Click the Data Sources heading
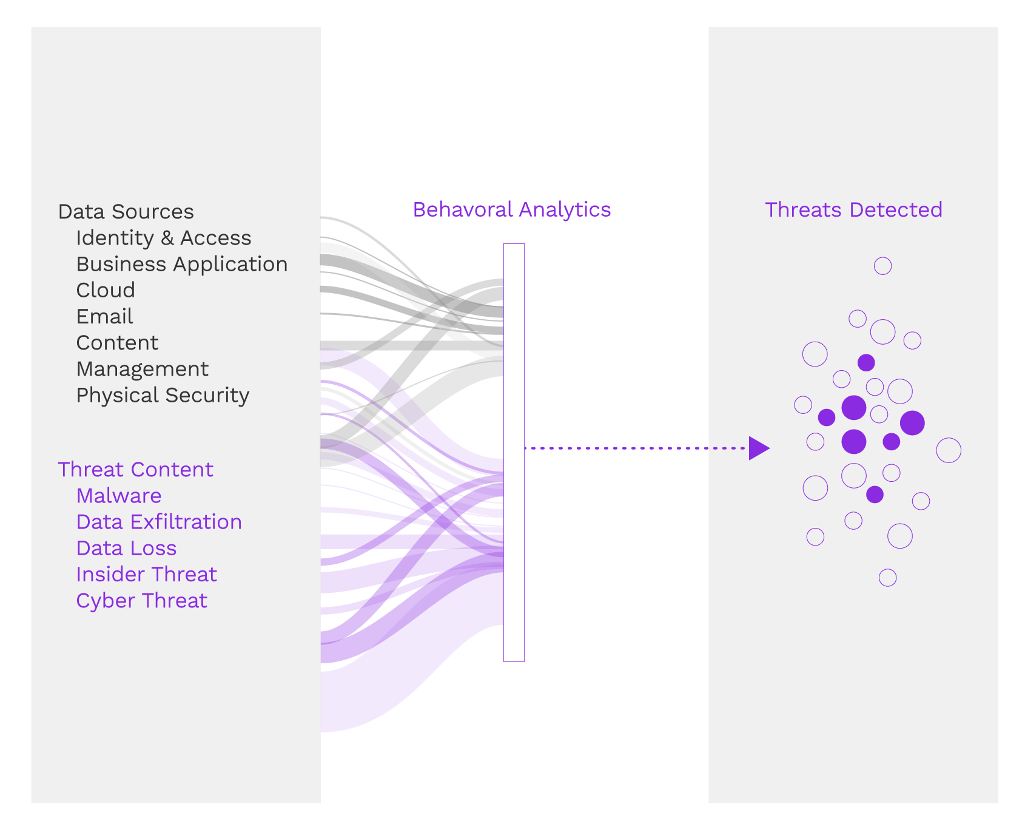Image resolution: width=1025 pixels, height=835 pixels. (126, 212)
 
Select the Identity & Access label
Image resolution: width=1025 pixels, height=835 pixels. (163, 238)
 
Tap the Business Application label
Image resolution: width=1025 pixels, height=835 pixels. (181, 264)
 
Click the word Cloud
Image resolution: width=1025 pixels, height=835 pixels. (106, 290)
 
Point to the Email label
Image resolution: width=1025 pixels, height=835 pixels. (104, 316)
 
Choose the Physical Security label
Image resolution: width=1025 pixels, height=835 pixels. (163, 395)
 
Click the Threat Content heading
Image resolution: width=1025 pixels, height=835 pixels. (135, 470)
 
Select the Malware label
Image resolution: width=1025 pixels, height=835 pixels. (119, 496)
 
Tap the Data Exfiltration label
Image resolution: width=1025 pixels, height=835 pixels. (159, 522)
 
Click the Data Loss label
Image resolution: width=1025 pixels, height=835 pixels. (126, 548)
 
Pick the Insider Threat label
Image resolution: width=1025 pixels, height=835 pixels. (146, 574)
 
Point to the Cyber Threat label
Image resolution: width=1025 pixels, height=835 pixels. (141, 600)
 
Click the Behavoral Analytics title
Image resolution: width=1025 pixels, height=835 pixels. (511, 209)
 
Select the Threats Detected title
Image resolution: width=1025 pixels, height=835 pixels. (853, 209)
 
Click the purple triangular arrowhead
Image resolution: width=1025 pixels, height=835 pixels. (758, 448)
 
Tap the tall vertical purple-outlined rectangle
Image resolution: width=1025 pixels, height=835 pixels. (514, 452)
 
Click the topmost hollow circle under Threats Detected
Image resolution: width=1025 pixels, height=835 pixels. (882, 266)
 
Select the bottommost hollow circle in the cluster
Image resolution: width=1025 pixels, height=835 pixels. (887, 578)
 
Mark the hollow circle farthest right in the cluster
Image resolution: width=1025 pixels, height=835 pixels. (949, 450)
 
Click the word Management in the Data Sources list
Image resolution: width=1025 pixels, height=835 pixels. (142, 369)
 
